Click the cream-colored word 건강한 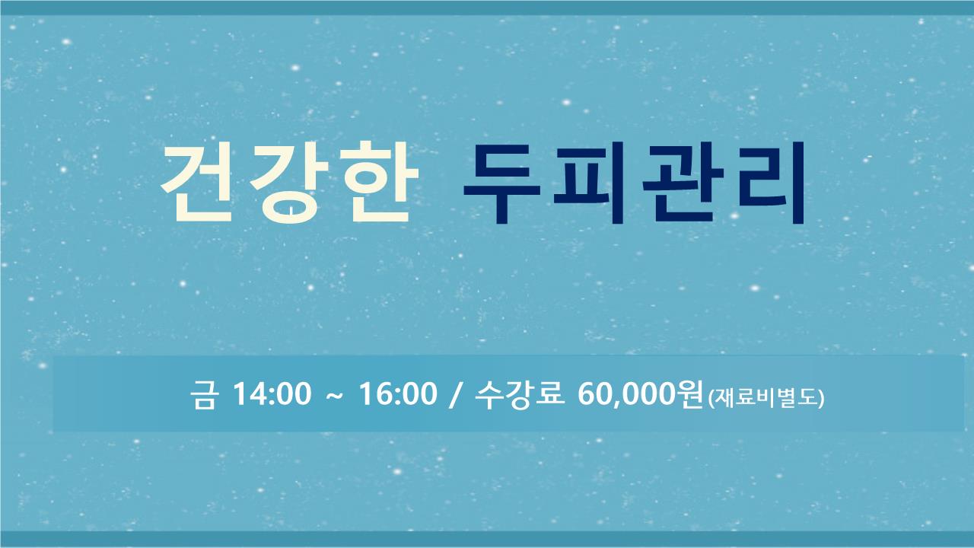290,182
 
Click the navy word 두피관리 634,183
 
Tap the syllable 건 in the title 198,182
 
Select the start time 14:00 272,394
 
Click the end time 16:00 397,394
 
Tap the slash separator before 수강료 454,395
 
